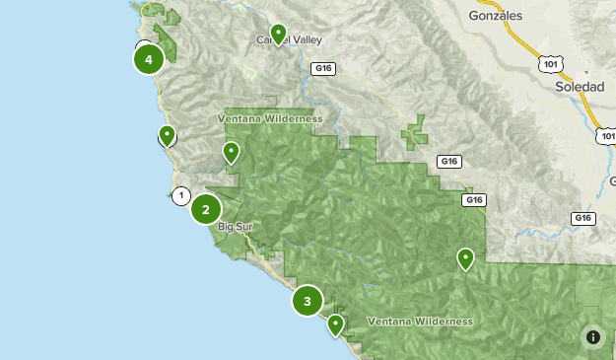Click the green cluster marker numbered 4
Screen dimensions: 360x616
(x=149, y=59)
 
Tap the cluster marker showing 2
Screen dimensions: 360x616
(x=206, y=209)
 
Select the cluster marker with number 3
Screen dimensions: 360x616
(x=308, y=301)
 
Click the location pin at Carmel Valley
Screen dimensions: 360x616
(x=279, y=35)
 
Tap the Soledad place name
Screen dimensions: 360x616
(x=580, y=87)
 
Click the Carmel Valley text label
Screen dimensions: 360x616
(x=290, y=40)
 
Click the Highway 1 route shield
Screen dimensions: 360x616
(x=180, y=195)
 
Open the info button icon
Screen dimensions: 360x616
(x=592, y=336)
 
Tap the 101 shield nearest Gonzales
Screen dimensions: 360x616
(x=549, y=62)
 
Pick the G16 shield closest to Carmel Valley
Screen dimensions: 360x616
(x=323, y=68)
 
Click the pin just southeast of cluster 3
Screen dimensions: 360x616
(x=336, y=324)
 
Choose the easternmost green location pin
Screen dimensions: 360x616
(x=465, y=258)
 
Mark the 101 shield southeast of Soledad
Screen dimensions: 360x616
(x=606, y=135)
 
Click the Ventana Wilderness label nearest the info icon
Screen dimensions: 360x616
(x=419, y=322)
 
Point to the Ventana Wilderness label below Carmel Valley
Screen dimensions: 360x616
(x=270, y=118)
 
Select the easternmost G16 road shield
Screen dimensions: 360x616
(x=583, y=218)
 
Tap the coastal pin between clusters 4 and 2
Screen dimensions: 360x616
(x=168, y=135)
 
